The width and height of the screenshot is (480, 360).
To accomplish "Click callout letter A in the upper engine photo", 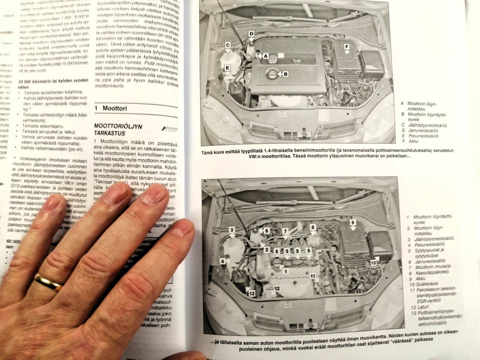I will point(265,56).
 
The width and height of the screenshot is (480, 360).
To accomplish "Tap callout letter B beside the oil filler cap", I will point(285,74).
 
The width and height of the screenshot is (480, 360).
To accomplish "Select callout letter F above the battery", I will point(346,46).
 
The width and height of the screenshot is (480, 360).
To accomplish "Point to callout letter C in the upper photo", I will point(227,45).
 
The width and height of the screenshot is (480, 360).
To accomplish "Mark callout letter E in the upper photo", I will point(227,68).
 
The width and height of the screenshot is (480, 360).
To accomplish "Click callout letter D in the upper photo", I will point(251,34).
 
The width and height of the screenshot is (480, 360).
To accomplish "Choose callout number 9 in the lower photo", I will point(352,222).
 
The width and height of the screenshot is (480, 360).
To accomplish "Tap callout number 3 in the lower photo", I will point(231,230).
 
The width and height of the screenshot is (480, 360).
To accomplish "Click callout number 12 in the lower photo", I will point(276,288).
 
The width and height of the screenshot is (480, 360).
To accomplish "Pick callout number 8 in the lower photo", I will point(313,227).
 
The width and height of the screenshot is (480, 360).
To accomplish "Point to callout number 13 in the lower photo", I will point(251,293).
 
